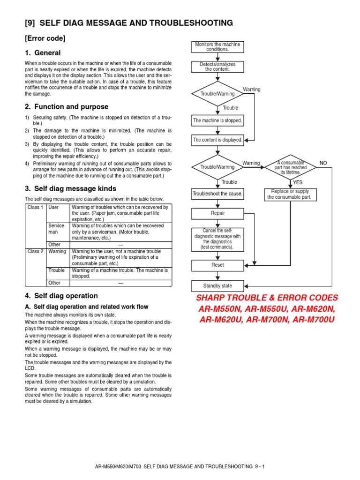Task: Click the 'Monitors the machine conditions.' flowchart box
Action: click(x=217, y=47)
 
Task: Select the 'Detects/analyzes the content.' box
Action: click(x=217, y=67)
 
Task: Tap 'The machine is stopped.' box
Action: click(x=217, y=120)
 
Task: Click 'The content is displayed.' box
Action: click(x=217, y=140)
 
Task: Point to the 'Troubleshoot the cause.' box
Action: click(x=217, y=194)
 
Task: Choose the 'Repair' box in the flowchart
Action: click(x=217, y=213)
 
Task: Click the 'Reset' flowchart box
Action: click(x=217, y=265)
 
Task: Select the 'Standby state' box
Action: click(x=217, y=286)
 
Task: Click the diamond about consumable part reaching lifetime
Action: click(x=291, y=167)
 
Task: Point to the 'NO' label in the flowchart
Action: click(x=323, y=163)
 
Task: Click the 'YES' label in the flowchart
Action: click(x=298, y=182)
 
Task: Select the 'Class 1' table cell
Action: click(x=35, y=207)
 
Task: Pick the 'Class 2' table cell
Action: click(x=35, y=252)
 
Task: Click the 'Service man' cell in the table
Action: click(x=57, y=229)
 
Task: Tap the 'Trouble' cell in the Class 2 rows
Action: click(x=57, y=270)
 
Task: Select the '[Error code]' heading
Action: click(x=45, y=38)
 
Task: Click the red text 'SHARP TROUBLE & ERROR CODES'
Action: click(x=266, y=298)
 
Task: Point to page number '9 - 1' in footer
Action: click(x=260, y=467)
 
